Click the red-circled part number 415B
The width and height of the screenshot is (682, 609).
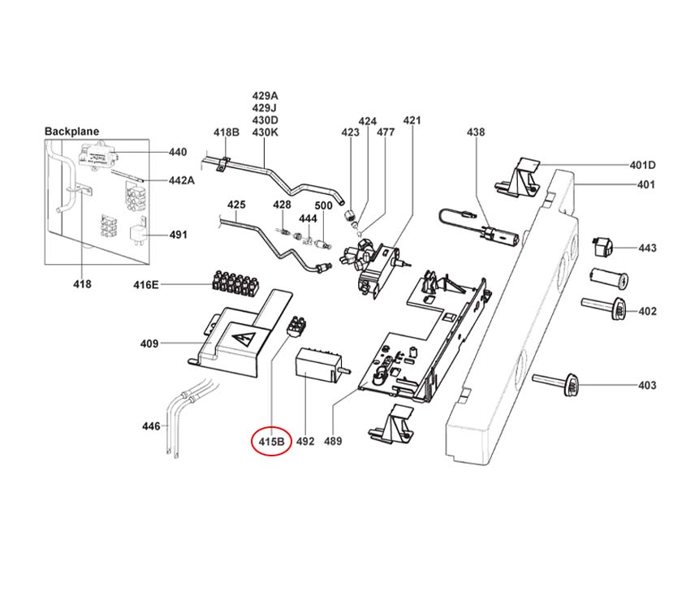click(x=271, y=442)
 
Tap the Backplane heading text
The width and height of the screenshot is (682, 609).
click(x=71, y=131)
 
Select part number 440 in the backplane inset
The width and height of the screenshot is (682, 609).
click(x=177, y=152)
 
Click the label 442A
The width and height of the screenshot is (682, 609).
click(x=181, y=180)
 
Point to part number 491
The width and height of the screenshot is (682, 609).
click(x=178, y=235)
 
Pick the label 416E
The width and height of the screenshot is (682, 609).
click(x=147, y=284)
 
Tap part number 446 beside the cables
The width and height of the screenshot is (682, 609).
click(x=150, y=425)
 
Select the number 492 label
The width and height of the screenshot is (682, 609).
click(x=304, y=442)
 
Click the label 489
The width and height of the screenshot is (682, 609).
click(x=332, y=442)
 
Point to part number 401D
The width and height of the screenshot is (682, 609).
click(x=642, y=165)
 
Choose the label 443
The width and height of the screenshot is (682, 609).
click(x=646, y=248)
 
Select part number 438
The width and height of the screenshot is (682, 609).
click(x=476, y=132)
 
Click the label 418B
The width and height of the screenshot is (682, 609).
click(x=227, y=132)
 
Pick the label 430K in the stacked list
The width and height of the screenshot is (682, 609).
click(x=265, y=132)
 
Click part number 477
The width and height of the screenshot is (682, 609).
click(x=386, y=132)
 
